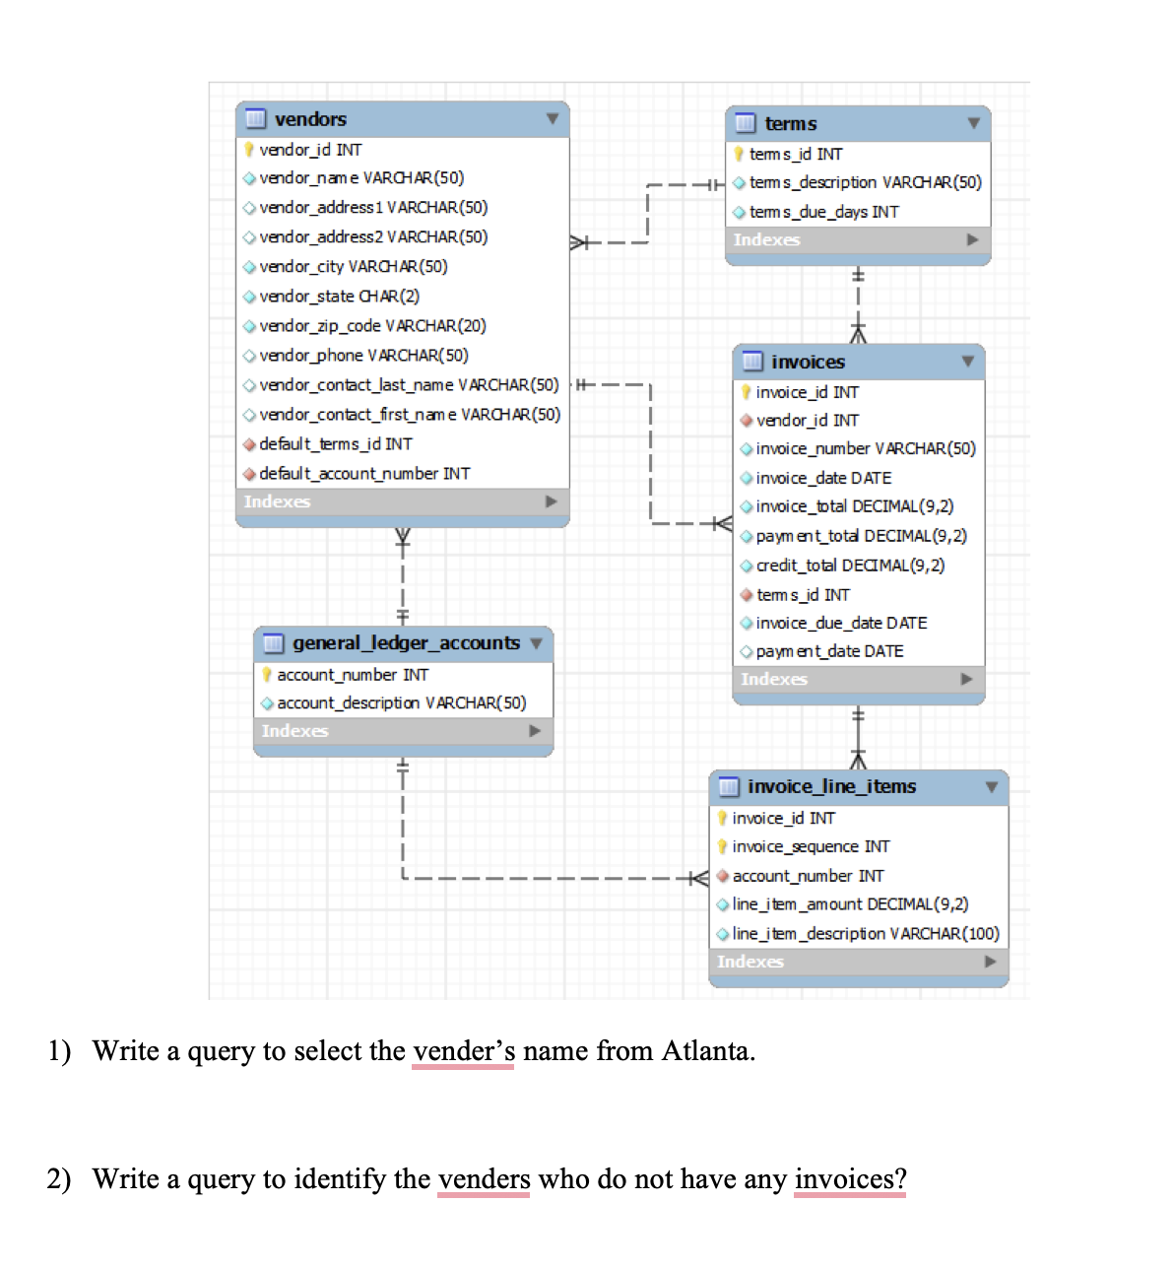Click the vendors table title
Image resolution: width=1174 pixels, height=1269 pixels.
pyautogui.click(x=310, y=119)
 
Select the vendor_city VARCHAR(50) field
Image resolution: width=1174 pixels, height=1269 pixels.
pyautogui.click(x=353, y=267)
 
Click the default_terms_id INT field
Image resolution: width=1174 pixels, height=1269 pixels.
pyautogui.click(x=335, y=444)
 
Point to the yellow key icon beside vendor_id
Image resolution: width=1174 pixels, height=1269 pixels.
pyautogui.click(x=250, y=150)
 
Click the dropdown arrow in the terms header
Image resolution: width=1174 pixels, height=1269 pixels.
pyautogui.click(x=973, y=124)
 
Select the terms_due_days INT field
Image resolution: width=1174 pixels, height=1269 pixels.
pyautogui.click(x=823, y=212)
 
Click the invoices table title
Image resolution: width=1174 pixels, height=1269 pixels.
pyautogui.click(x=808, y=363)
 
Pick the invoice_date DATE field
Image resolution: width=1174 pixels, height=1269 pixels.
pyautogui.click(x=823, y=478)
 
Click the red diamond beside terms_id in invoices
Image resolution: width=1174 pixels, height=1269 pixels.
pyautogui.click(x=747, y=595)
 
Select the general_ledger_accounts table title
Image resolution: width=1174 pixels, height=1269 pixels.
pyautogui.click(x=406, y=643)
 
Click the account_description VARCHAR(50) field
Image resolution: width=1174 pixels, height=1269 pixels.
pyautogui.click(x=401, y=703)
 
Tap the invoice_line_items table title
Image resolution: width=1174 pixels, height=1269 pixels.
pyautogui.click(x=831, y=787)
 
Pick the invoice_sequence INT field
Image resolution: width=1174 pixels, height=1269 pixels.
pyautogui.click(x=811, y=847)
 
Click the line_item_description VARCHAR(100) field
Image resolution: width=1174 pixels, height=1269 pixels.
pyautogui.click(x=865, y=934)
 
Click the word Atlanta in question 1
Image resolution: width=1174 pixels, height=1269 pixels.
pyautogui.click(x=706, y=1051)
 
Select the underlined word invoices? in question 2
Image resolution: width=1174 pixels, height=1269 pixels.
pyautogui.click(x=850, y=1179)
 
